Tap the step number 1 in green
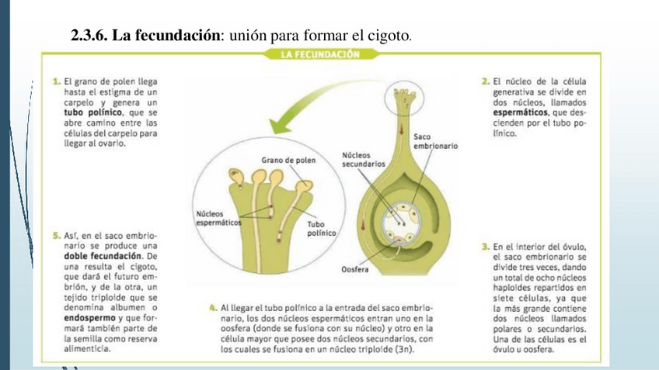(x=57, y=81)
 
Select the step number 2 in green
(x=485, y=81)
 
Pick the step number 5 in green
(x=57, y=235)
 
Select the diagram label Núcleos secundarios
(x=363, y=159)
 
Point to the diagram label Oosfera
(x=355, y=269)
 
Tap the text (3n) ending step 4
(x=402, y=349)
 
